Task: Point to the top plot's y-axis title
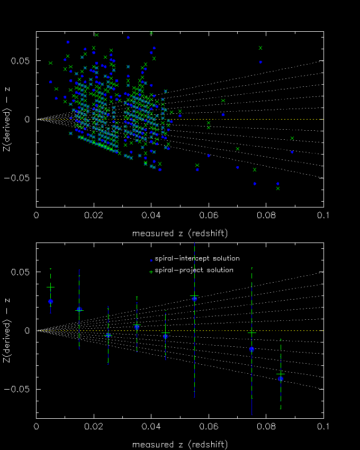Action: coord(7,119)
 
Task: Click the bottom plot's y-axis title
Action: coord(7,330)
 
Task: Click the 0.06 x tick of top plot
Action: coord(209,217)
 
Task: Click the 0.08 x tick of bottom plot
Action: coord(266,428)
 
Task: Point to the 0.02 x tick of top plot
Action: coord(94,217)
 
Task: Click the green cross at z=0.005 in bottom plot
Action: coord(50,287)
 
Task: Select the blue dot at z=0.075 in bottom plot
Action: coord(251,349)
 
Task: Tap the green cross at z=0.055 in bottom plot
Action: coord(194,296)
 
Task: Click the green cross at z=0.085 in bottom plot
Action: coord(281,374)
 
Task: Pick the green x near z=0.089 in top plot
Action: coord(292,138)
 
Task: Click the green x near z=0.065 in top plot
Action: coord(223,101)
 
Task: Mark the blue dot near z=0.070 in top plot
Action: coord(237,167)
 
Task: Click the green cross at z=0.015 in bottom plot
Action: coord(79,310)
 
